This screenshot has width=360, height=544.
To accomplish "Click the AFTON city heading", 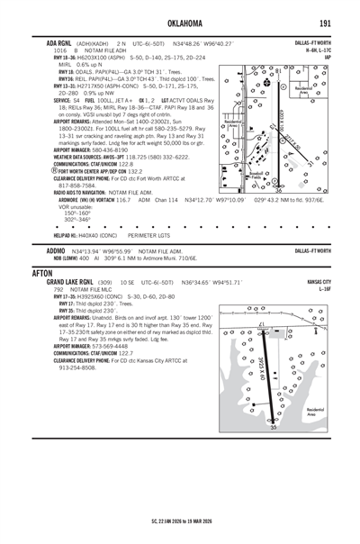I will [x=41, y=271].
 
